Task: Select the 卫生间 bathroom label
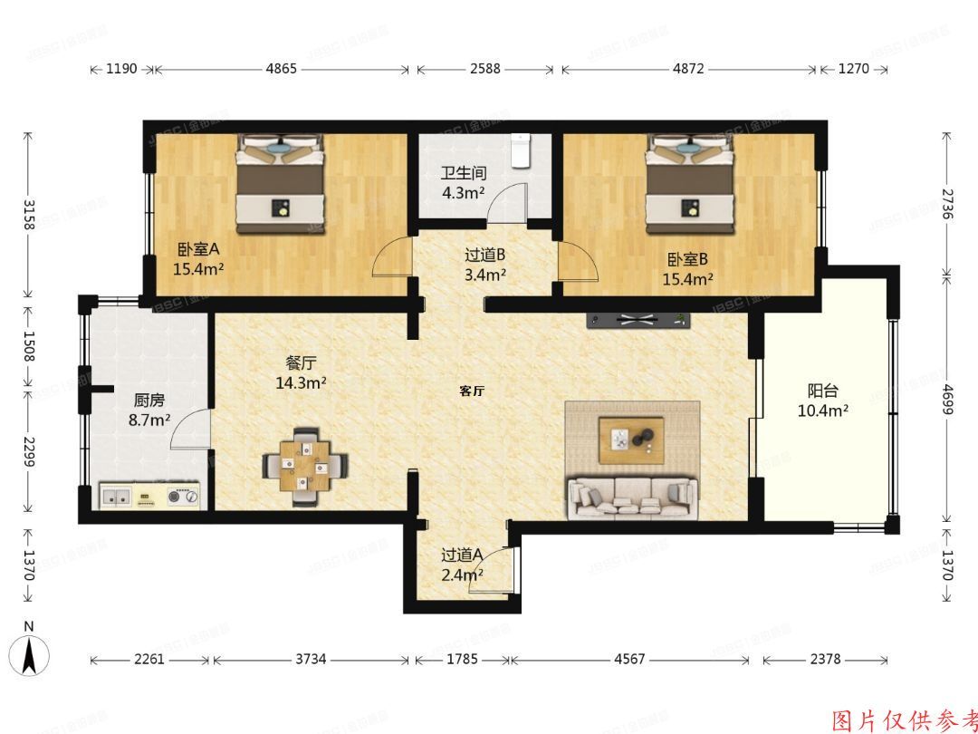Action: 464,172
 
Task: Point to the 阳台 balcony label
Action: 822,391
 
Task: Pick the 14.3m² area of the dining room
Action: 301,382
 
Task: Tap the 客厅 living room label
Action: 472,391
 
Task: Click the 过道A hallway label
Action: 461,555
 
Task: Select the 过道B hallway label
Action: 484,256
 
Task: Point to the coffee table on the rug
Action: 632,438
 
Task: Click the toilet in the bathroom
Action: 520,150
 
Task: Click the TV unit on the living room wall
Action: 638,319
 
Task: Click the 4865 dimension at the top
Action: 281,69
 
